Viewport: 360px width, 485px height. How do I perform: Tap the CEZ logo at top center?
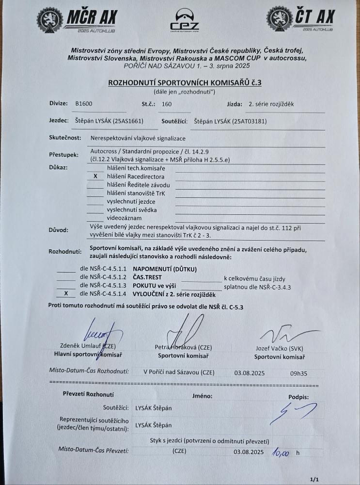184,20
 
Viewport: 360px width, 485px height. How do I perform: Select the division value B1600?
84,104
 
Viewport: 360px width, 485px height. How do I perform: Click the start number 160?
167,104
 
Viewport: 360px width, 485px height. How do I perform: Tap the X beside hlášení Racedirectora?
95,177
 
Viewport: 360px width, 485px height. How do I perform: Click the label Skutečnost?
65,138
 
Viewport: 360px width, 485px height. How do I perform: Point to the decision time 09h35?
298,373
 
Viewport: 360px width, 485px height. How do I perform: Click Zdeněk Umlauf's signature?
100,334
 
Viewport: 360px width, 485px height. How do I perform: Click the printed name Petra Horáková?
177,348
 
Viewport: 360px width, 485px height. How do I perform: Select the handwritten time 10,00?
281,453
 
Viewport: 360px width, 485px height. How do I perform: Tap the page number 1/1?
313,479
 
